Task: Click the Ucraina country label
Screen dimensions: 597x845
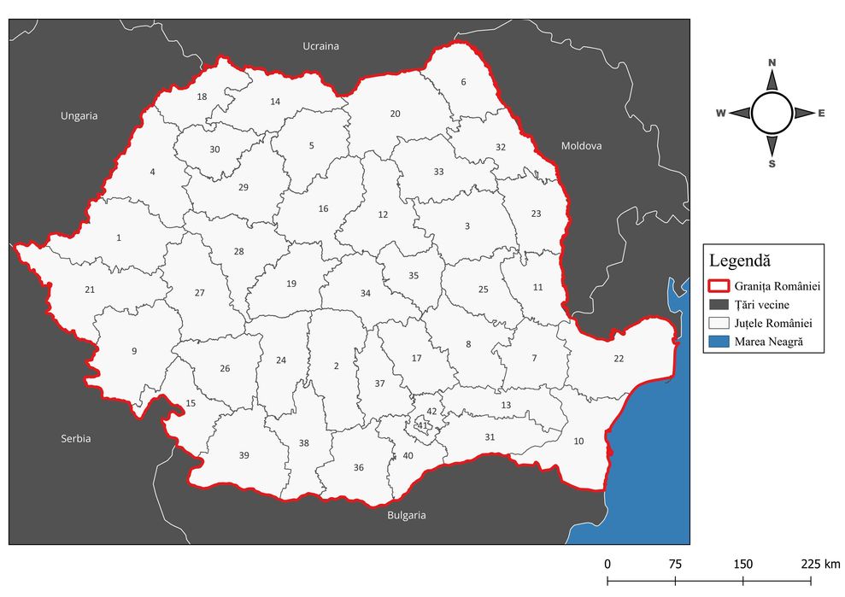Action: [x=321, y=45]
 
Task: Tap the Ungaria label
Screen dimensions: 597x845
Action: [x=79, y=115]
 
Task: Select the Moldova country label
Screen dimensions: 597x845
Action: [x=581, y=146]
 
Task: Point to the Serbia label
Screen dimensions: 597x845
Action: [x=75, y=438]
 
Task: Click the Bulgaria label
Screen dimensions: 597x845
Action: [x=406, y=515]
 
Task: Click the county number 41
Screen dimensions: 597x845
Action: [x=421, y=424]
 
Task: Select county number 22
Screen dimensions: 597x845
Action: [x=619, y=358]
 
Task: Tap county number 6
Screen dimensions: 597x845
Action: [x=464, y=82]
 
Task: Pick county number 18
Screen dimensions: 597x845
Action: [x=202, y=97]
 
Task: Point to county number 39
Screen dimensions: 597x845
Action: [x=244, y=455]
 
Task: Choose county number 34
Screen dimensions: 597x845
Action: [x=366, y=293]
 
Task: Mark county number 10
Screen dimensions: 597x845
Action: [x=579, y=441]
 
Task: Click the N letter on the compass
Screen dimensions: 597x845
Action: [x=772, y=62]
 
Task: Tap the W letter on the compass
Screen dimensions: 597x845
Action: [x=720, y=113]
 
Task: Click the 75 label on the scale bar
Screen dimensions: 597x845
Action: [x=675, y=564]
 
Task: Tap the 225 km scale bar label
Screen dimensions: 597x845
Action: [x=820, y=564]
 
